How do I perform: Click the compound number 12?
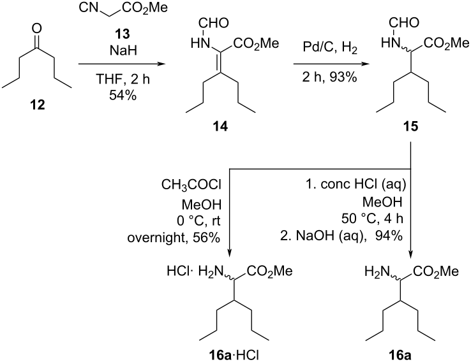coord(37,105)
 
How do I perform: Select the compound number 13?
coord(123,34)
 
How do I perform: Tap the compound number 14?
coord(220,127)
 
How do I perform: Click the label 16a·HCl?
coord(234,355)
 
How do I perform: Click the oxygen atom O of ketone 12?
coord(37,29)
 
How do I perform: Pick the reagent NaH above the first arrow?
coord(123,50)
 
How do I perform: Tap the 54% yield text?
coord(123,96)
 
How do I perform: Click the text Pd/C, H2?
coord(330,48)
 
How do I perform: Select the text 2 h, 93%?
coord(329,77)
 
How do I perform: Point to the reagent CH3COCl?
coord(191,185)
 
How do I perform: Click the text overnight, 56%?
coord(174,238)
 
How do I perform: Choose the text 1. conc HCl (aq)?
coord(356,185)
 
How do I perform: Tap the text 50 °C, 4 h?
coord(372,219)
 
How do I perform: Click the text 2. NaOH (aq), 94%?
coord(341,236)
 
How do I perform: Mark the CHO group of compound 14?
coord(214,23)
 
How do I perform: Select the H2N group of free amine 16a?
coord(377,271)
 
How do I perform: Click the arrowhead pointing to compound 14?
coord(161,64)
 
